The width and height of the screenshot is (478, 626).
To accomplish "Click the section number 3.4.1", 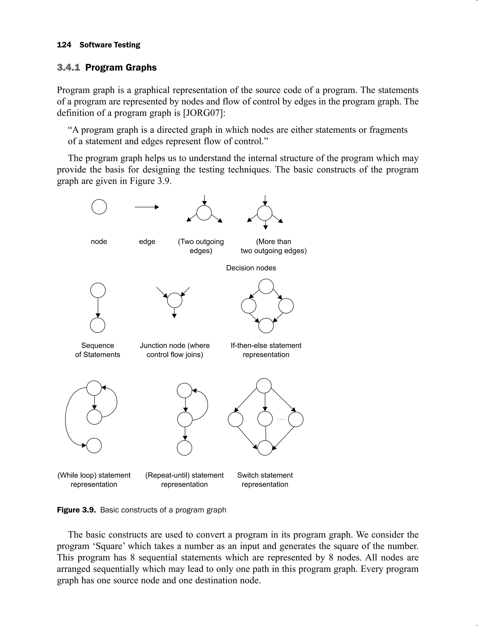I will coord(68,67).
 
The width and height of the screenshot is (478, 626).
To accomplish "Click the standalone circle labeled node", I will coord(99,207).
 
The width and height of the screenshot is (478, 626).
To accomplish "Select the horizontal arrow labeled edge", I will coord(147,207).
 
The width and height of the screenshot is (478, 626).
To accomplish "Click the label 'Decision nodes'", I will coord(251,268).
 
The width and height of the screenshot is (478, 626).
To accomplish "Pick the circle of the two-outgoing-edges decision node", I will coord(204,213).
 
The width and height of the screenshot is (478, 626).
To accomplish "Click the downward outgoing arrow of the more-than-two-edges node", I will coord(265,225).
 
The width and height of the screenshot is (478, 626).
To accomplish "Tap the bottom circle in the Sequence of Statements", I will coord(98,325).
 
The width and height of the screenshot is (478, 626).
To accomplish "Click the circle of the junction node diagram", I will coord(174,300).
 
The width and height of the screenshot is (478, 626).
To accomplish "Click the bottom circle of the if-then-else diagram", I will coord(266,326).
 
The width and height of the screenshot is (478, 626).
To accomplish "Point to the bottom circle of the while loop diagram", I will coord(94,446).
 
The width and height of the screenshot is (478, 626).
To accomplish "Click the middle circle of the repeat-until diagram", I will coord(185,419).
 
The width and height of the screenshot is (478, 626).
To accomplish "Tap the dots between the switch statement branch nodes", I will coord(281,419).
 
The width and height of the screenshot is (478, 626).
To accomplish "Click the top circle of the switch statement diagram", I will coord(264,386).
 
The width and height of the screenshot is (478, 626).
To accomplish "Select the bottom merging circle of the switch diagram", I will coord(265,448).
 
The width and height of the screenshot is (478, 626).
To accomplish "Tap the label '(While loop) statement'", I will coord(94,475).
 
